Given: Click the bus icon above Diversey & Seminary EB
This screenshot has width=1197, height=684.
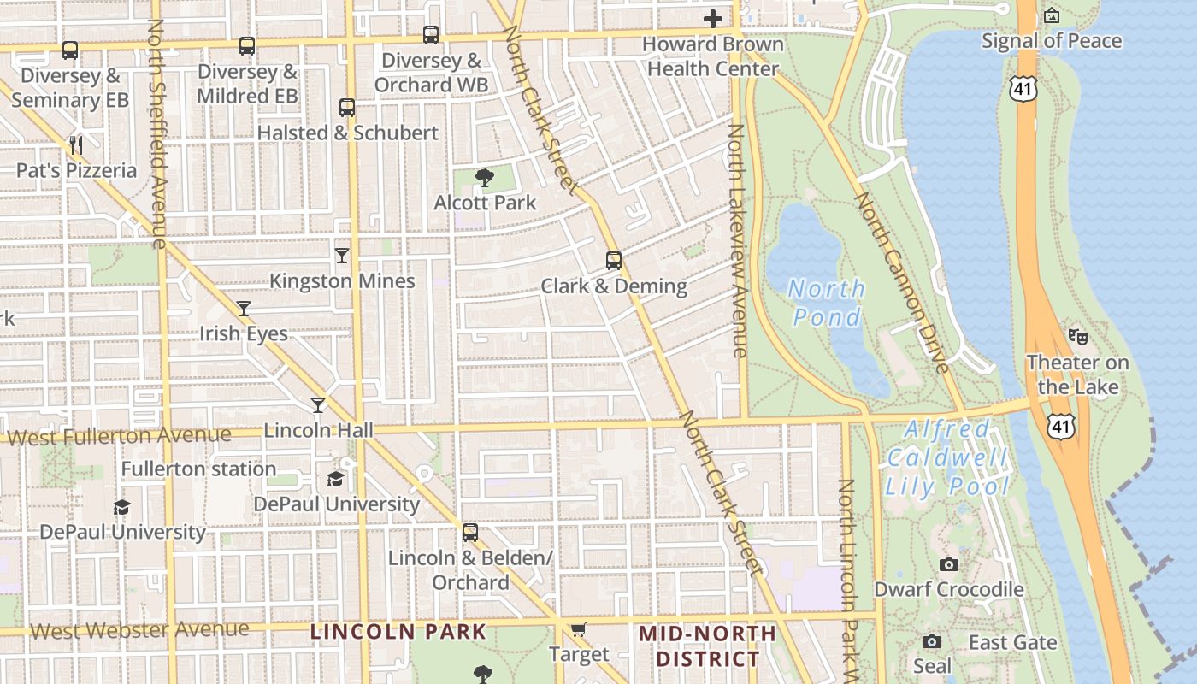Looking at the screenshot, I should [x=70, y=50].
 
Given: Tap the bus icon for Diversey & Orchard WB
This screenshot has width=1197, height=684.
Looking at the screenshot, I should [x=431, y=35].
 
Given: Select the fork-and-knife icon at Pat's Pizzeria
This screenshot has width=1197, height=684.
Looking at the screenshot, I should [x=76, y=144].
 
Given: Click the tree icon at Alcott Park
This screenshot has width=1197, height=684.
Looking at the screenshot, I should [x=485, y=178].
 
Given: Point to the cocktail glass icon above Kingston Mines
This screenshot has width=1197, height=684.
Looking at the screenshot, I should [x=342, y=255].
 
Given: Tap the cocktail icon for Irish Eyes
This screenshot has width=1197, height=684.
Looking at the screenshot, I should [x=244, y=308].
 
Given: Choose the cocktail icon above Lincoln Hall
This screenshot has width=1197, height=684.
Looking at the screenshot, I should [x=318, y=404].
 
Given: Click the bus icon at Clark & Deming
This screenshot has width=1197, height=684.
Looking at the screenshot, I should [x=613, y=260].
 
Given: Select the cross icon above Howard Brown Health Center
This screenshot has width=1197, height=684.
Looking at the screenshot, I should [x=713, y=18].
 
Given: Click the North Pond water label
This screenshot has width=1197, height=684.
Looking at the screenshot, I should [x=826, y=303].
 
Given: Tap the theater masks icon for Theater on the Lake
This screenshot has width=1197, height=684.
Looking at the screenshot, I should [x=1077, y=337].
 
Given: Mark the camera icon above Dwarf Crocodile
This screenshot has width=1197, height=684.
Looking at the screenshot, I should [x=948, y=564].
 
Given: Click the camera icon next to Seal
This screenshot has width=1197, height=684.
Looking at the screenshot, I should [x=932, y=641].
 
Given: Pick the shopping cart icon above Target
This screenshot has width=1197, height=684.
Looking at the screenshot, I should [x=579, y=630].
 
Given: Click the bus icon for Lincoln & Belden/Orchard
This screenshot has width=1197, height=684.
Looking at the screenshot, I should [x=470, y=533].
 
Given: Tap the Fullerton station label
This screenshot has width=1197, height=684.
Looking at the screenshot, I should [x=198, y=469].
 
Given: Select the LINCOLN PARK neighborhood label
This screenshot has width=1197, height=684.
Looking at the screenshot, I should [x=398, y=633].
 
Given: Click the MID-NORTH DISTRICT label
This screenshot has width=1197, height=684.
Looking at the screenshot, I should [x=708, y=646].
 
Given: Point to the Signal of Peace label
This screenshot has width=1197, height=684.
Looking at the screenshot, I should [x=1051, y=40].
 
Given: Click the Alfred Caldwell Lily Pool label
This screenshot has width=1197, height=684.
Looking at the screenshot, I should [x=947, y=457].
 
